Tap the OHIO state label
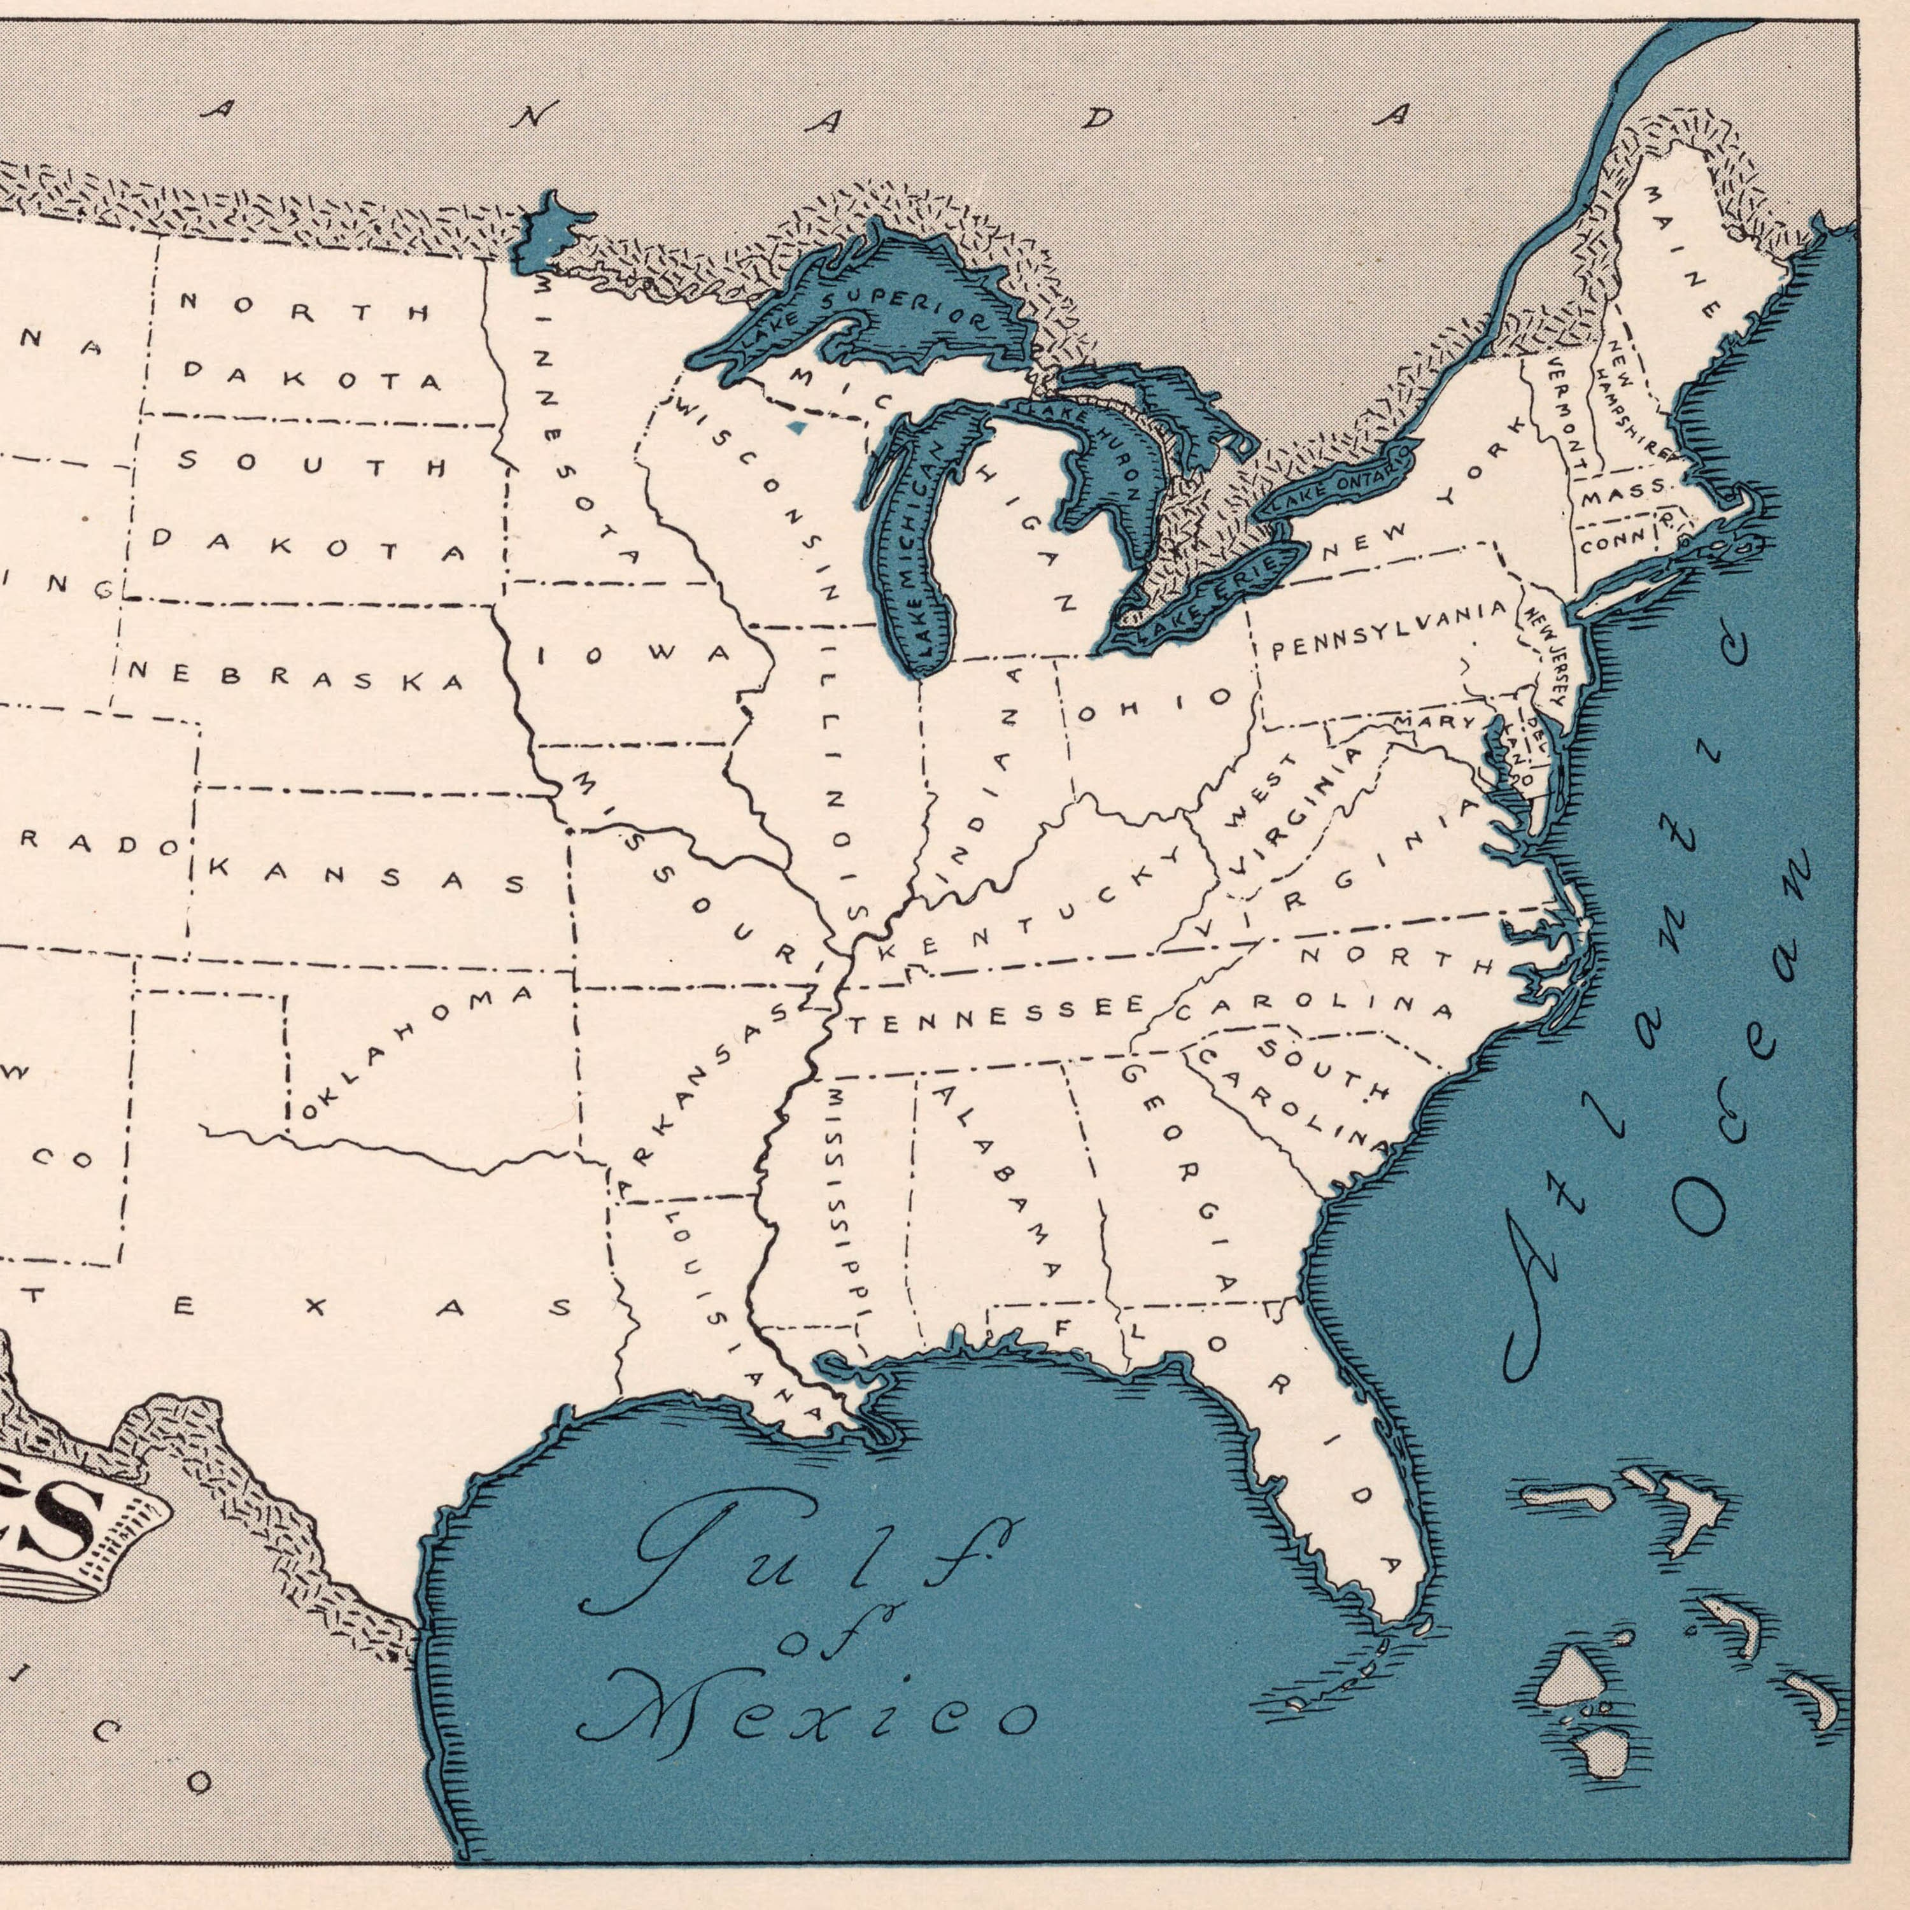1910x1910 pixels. pyautogui.click(x=1154, y=706)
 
